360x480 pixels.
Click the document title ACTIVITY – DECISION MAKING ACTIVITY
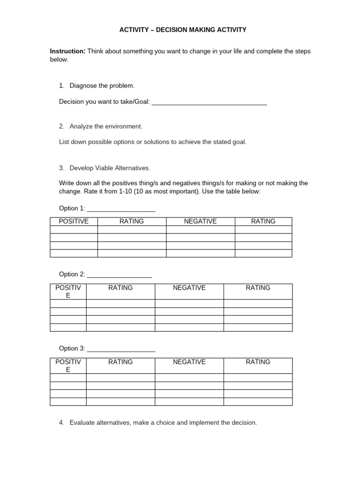(183, 30)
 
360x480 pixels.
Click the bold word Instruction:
(68, 51)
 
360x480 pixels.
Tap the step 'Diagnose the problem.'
(102, 85)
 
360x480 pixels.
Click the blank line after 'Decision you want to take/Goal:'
(210, 102)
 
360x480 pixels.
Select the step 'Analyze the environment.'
(106, 126)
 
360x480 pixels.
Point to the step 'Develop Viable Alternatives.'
(110, 168)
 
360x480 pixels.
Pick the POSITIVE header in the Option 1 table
(74, 221)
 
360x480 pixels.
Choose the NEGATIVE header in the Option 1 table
(200, 221)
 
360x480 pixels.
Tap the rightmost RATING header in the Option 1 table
(263, 221)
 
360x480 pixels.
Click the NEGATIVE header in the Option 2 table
(189, 288)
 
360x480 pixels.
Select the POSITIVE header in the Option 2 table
(68, 292)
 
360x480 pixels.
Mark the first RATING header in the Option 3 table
(120, 362)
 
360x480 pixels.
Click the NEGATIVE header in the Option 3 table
(189, 362)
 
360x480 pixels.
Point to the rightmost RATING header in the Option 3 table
(258, 362)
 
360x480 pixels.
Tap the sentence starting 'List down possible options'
(152, 142)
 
